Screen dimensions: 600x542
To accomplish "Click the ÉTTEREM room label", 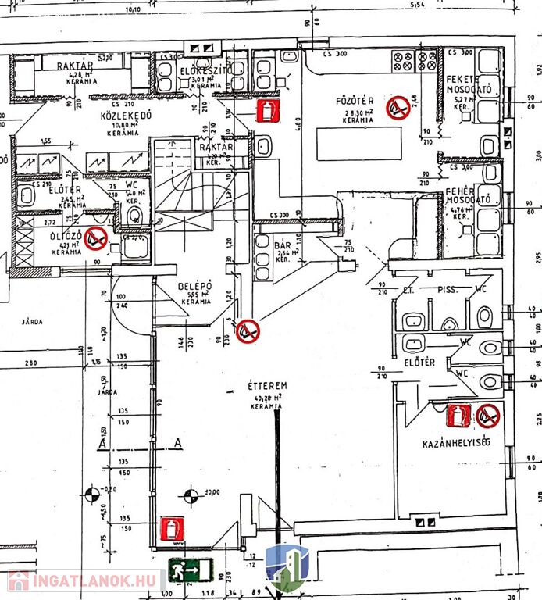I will [268, 386].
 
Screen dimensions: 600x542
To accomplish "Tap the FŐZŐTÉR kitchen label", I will [355, 102].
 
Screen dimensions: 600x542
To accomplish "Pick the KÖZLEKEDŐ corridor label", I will [125, 116].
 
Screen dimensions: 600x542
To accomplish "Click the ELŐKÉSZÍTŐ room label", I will [206, 72].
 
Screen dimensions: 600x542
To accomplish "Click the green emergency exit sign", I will [190, 570].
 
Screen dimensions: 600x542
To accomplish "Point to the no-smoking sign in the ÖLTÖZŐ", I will [95, 237].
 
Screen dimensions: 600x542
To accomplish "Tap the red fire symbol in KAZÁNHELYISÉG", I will [458, 416].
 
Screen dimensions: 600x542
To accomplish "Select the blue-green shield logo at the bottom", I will [287, 568].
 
